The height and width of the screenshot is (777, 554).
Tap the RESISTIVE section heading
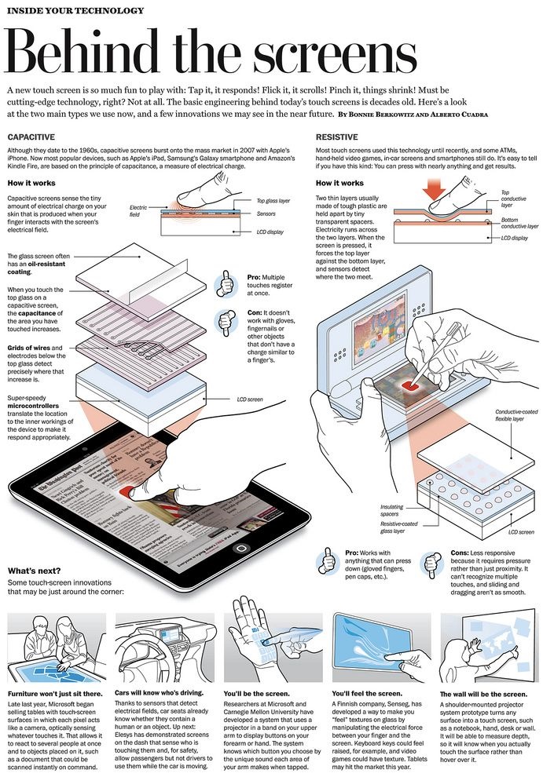[x=337, y=137]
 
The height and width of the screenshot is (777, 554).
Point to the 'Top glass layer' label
[x=273, y=201]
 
